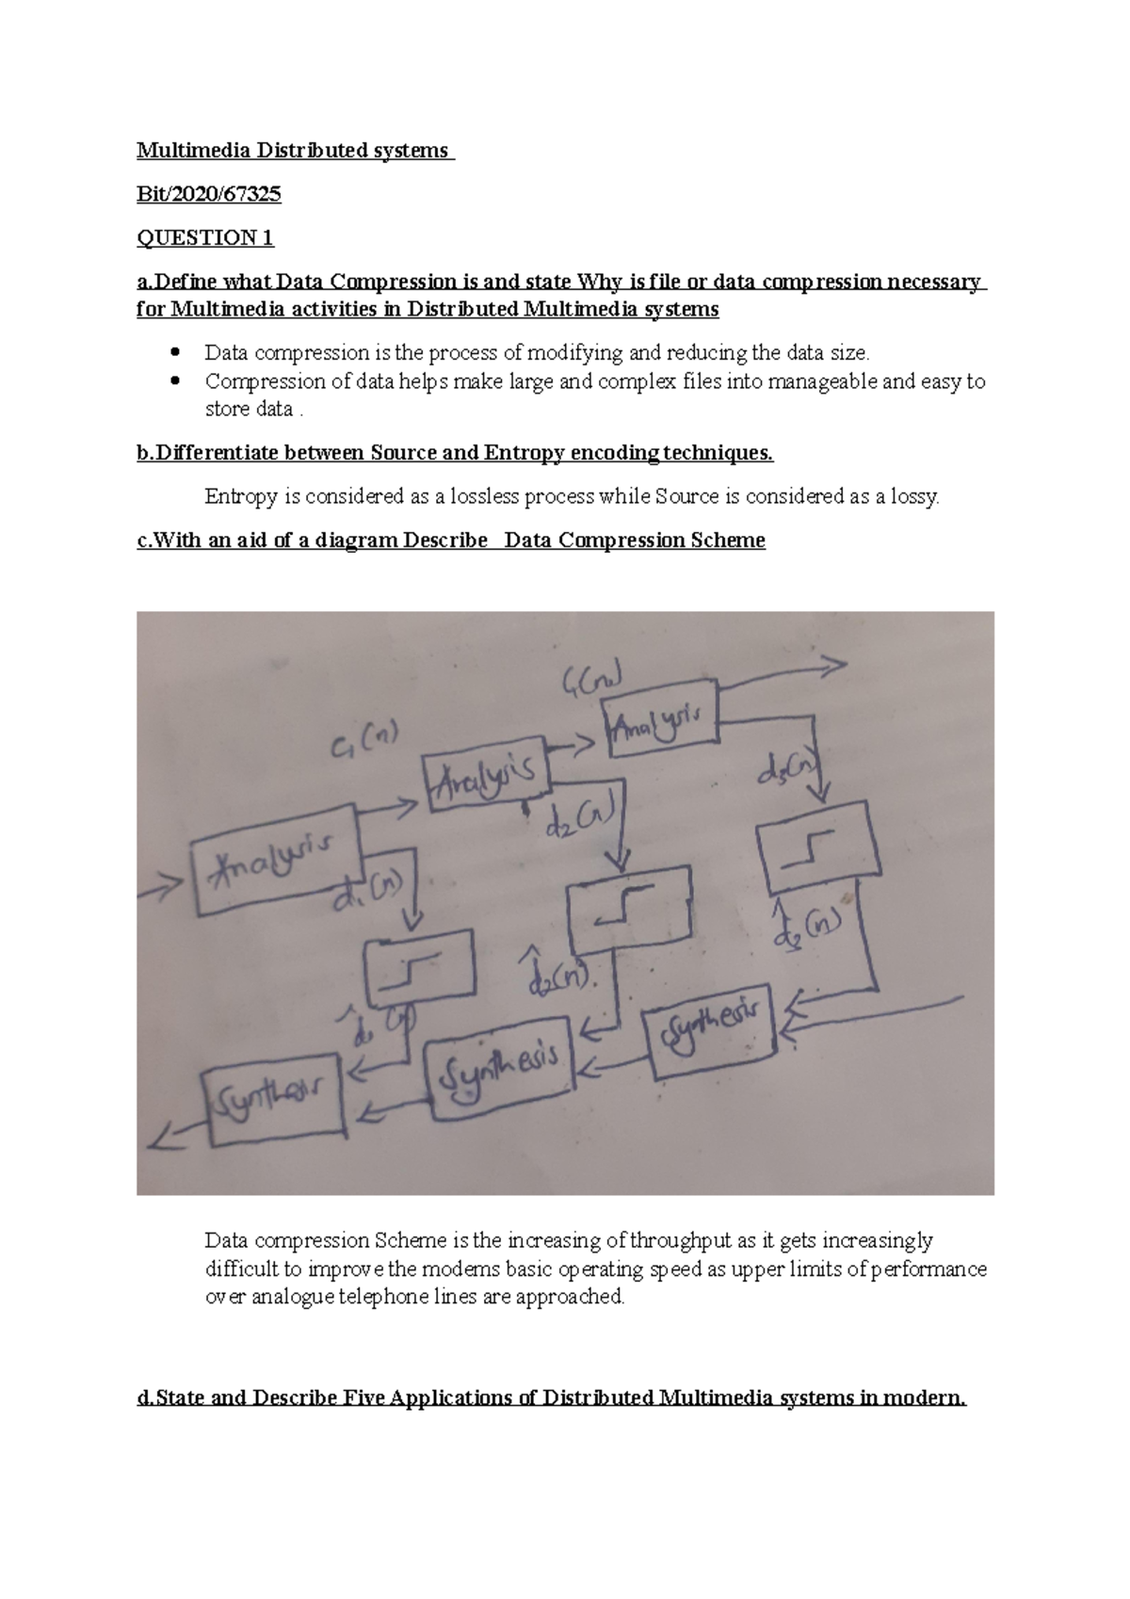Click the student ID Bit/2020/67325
coord(208,194)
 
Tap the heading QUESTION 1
coord(205,237)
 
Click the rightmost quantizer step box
coord(819,847)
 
